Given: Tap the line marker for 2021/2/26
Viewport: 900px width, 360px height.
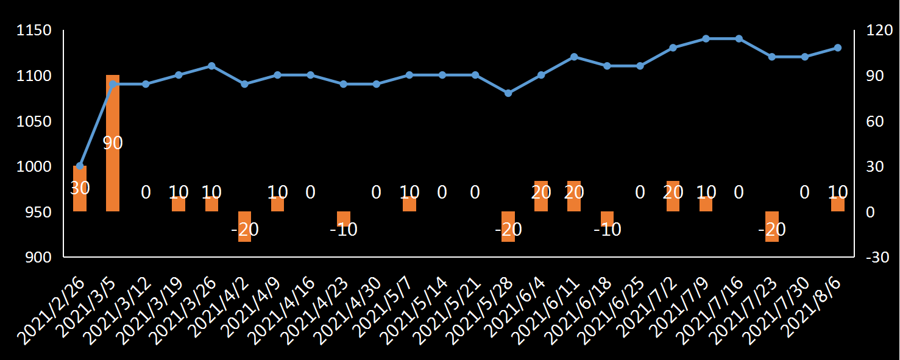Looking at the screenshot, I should pyautogui.click(x=80, y=166).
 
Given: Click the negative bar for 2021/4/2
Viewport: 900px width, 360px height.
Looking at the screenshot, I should pyautogui.click(x=244, y=227).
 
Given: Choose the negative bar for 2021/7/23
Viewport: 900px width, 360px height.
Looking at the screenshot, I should pyautogui.click(x=771, y=227).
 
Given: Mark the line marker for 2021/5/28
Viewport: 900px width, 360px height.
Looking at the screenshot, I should pyautogui.click(x=508, y=93).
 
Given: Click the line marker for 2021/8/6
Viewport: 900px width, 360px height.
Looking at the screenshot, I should pyautogui.click(x=837, y=48).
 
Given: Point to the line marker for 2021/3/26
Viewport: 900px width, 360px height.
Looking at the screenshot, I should pyautogui.click(x=211, y=66).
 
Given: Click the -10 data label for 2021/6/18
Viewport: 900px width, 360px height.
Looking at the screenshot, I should pyautogui.click(x=607, y=230).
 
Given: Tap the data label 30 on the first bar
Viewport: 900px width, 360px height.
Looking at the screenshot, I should pyautogui.click(x=80, y=188).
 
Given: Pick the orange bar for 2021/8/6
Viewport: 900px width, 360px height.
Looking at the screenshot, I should pyautogui.click(x=837, y=204).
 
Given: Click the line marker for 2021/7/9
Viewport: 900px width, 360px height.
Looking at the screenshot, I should pyautogui.click(x=706, y=38).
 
